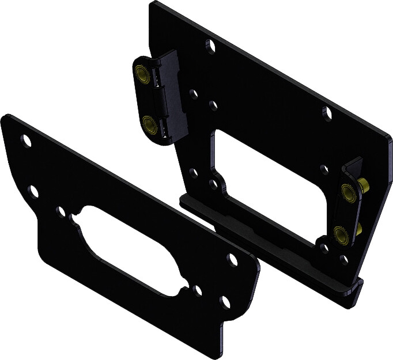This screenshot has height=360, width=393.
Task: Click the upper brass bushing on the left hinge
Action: coord(141,73)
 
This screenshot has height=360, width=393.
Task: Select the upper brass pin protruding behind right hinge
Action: coord(365,185)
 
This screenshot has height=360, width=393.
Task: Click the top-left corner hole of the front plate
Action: coord(25,139)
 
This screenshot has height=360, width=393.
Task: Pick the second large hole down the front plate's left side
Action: coord(34,191)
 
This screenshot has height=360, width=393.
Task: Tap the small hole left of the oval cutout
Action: coord(61,211)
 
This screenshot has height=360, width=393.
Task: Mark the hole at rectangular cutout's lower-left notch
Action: coord(214,184)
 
